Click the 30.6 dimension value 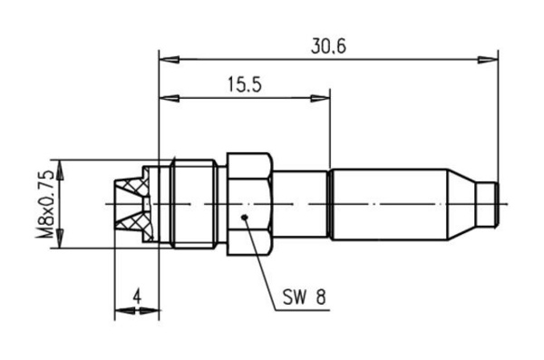328,46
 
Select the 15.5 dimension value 245,84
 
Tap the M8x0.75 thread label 45,204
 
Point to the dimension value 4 138,297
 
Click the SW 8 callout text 305,297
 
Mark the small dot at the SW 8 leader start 245,218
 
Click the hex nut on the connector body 249,204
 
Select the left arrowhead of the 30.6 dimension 169,60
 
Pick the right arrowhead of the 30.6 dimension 488,60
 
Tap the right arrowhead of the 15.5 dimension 320,98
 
